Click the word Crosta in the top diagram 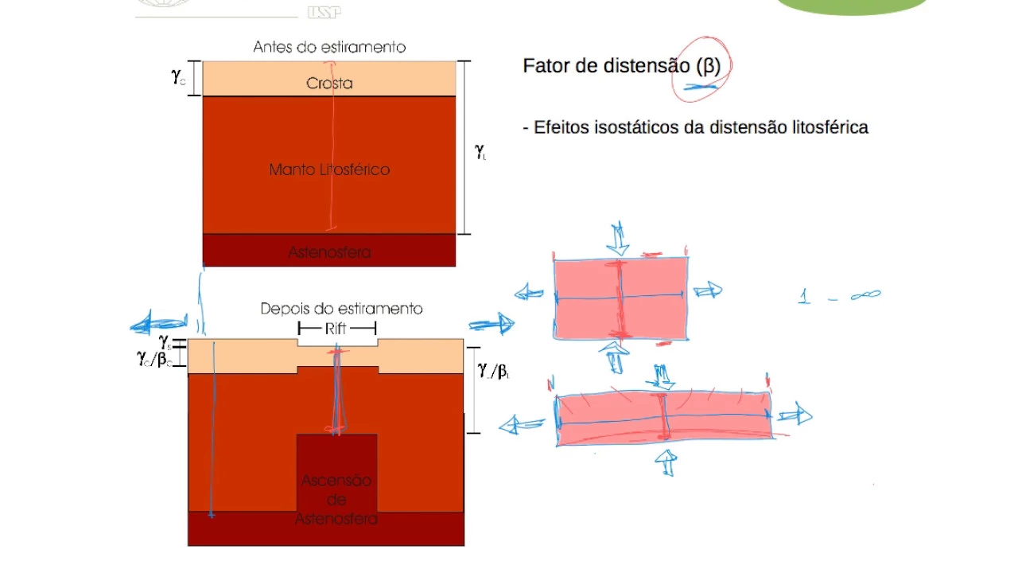coord(329,84)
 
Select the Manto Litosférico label coord(329,170)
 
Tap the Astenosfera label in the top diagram coord(329,252)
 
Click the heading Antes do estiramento coord(329,47)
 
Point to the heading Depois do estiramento coord(341,309)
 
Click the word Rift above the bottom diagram coord(337,328)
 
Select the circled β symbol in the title coord(708,66)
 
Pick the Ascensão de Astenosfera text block coord(336,500)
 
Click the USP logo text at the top coord(323,11)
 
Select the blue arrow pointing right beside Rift coord(492,323)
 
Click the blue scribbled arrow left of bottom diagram coord(159,324)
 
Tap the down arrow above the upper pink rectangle coord(619,236)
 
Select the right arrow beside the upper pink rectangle coord(707,290)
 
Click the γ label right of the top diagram coord(480,149)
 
